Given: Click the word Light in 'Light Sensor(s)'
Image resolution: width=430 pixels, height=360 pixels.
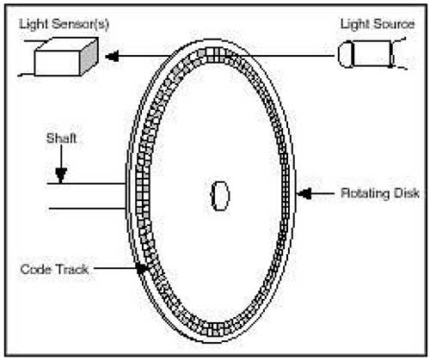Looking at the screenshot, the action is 33,24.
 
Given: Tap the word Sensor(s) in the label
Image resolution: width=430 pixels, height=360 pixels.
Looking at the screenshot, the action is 80,25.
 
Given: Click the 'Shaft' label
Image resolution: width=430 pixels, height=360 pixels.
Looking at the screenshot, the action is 61,138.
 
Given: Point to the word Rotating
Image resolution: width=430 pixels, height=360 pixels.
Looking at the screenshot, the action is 365,193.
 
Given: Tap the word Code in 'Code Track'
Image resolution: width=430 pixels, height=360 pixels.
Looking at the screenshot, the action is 35,270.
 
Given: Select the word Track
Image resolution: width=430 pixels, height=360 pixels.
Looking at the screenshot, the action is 71,270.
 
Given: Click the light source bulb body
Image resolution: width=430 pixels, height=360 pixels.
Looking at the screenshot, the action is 372,54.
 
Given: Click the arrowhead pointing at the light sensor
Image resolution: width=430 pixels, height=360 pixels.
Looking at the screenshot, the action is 112,56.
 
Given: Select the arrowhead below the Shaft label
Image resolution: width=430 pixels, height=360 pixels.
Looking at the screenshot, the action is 61,175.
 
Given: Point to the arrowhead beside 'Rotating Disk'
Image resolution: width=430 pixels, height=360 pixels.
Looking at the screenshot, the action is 304,193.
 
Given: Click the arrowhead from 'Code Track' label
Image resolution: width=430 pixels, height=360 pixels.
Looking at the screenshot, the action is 142,268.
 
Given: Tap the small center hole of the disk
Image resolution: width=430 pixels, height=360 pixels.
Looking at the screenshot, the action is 220,196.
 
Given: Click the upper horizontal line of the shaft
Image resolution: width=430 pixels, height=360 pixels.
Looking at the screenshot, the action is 86,183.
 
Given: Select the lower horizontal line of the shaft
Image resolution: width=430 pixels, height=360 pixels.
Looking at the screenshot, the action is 87,208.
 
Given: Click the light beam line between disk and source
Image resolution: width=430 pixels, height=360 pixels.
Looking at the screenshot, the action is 286,55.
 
